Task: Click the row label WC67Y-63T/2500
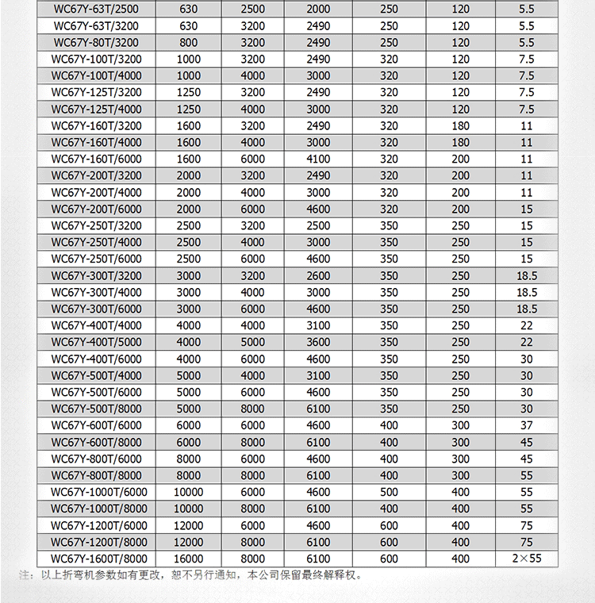[x=97, y=9]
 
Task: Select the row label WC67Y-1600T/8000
[x=97, y=559]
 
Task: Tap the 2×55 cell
[x=527, y=559]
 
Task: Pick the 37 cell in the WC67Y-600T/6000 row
[x=527, y=425]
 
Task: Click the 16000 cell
[x=189, y=559]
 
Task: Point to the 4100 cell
[x=318, y=159]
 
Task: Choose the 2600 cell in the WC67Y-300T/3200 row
[x=318, y=275]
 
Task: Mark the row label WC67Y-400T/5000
[x=97, y=342]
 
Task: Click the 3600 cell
[x=318, y=342]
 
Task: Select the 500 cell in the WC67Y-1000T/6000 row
[x=389, y=492]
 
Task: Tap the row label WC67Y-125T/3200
[x=97, y=92]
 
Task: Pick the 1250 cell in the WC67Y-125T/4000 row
[x=189, y=109]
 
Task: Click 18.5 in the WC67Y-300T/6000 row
[x=527, y=309]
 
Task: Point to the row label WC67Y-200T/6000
[x=97, y=209]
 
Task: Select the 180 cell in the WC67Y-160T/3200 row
[x=461, y=125]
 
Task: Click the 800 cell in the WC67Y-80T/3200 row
[x=189, y=42]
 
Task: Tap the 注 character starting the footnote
[x=24, y=575]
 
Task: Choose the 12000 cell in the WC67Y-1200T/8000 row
[x=189, y=542]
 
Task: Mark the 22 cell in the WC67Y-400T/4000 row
[x=527, y=325]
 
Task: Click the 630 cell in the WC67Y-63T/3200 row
[x=189, y=25]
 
